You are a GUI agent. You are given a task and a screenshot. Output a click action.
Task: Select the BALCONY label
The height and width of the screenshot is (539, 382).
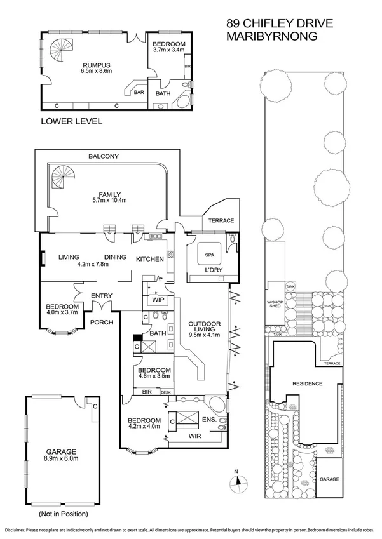point(104,156)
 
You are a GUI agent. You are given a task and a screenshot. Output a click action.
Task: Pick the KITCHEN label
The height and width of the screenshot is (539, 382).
point(151,259)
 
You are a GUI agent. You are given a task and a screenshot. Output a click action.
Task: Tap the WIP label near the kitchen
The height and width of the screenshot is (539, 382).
point(157,299)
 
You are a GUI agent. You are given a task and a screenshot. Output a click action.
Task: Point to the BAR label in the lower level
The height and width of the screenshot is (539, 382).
point(139,92)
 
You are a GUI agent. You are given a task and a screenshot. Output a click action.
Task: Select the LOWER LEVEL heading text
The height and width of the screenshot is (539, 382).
point(71,121)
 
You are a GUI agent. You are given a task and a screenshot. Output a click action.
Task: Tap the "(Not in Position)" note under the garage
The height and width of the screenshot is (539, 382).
point(62,513)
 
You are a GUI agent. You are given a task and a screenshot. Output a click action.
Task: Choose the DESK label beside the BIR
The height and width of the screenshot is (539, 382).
point(166,393)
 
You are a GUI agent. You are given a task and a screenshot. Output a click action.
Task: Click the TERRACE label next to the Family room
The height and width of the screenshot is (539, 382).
point(218,220)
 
